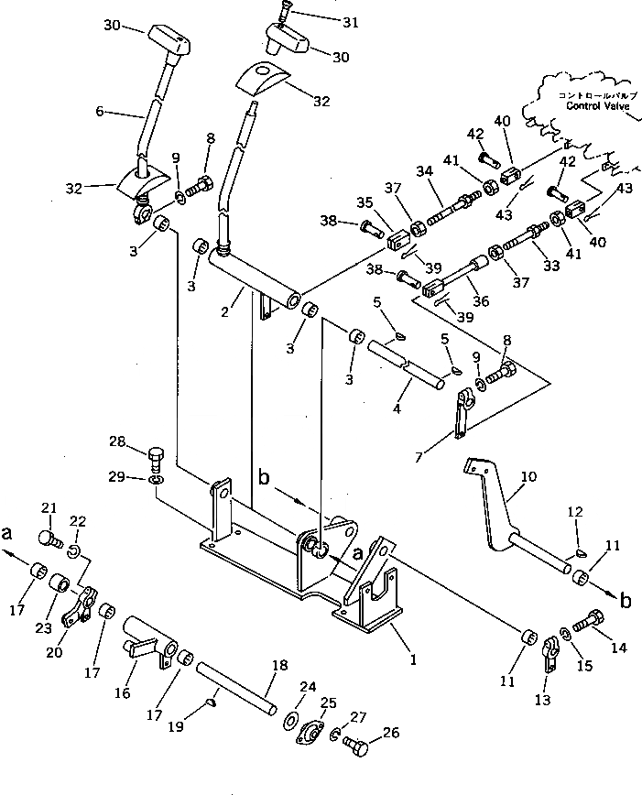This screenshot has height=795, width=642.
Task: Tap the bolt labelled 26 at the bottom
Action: [356, 746]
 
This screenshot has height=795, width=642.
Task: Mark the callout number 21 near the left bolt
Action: [49, 508]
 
